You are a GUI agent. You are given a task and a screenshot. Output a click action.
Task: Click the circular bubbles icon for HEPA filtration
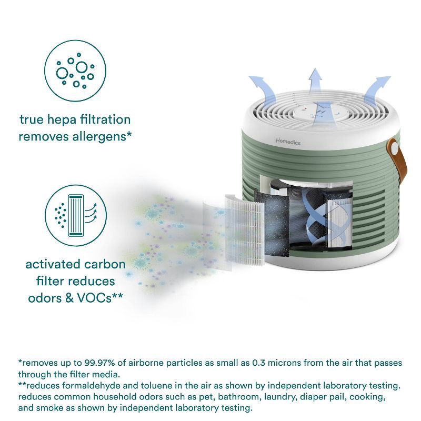pyautogui.click(x=75, y=72)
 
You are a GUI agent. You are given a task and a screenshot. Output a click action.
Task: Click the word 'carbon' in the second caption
pyautogui.click(x=107, y=264)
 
